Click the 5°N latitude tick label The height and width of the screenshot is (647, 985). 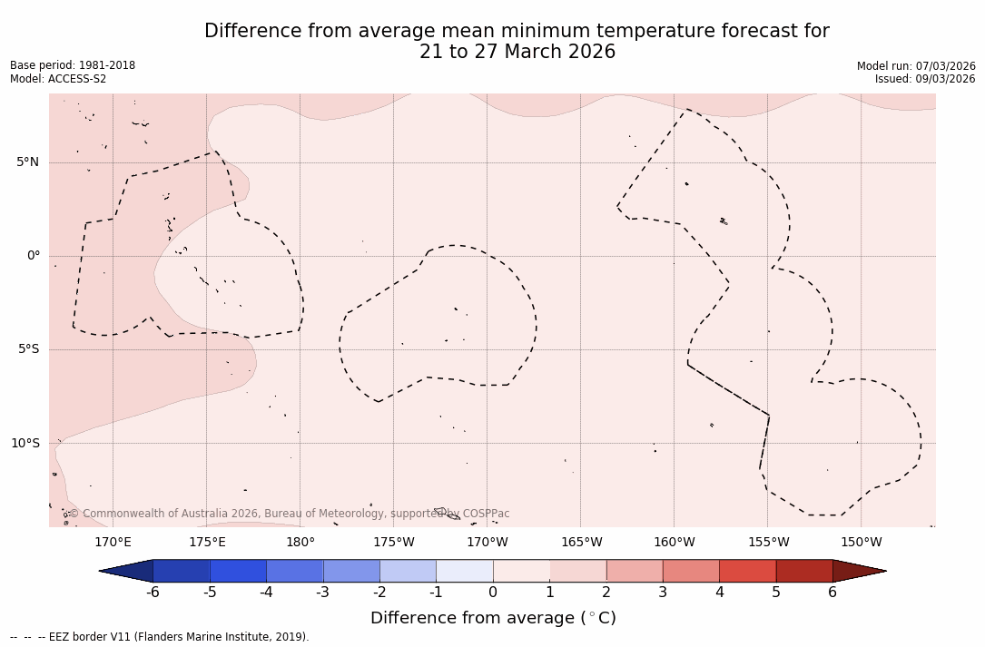[27, 162]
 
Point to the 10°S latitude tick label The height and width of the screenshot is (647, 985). [25, 444]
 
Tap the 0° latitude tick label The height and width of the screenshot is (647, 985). [33, 256]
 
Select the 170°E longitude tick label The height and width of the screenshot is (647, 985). [113, 543]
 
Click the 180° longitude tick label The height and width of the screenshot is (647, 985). [300, 543]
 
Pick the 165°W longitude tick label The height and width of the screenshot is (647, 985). [581, 543]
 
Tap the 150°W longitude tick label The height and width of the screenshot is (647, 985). [861, 543]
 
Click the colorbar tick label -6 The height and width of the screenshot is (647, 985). [153, 593]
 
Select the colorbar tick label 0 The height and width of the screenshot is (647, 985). [493, 593]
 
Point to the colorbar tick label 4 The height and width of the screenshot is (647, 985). [719, 593]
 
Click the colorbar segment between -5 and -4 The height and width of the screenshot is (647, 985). [238, 571]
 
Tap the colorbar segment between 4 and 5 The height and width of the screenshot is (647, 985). [747, 571]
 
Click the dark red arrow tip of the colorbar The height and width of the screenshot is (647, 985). [858, 571]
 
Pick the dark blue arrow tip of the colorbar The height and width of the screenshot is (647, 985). [127, 571]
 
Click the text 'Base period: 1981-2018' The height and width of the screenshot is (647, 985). [73, 65]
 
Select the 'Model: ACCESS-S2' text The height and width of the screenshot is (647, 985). [58, 79]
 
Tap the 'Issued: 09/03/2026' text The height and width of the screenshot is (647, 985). [925, 79]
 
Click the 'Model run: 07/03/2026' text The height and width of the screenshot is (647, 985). [916, 65]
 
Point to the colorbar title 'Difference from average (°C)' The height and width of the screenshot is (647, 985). [493, 618]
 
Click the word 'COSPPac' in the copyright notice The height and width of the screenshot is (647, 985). [486, 514]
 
